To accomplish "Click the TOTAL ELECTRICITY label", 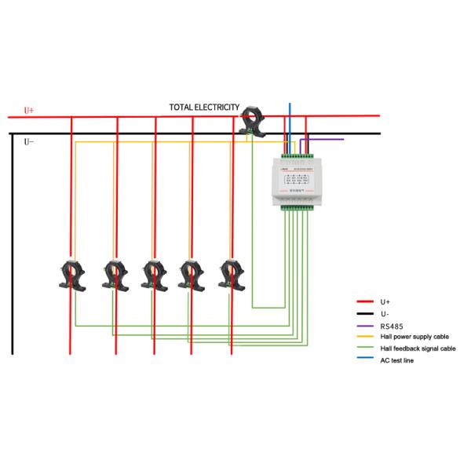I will tap(203, 107).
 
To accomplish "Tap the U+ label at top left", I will tap(29, 111).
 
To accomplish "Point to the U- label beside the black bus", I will tap(29, 142).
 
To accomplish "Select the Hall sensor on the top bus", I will tap(253, 121).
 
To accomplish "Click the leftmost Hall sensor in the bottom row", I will tap(73, 276).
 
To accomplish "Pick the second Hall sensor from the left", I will tap(115, 276).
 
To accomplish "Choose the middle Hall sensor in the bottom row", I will tap(154, 276).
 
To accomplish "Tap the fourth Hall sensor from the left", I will tap(191, 276).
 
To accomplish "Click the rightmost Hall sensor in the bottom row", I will tap(230, 275).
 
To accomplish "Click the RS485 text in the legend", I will tap(391, 325).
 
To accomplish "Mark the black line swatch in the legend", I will tap(364, 313).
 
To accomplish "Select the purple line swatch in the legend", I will tap(364, 325).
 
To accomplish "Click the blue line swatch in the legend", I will tap(364, 360).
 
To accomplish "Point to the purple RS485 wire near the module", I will tap(326, 140).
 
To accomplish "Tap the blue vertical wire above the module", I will tap(289, 118).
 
